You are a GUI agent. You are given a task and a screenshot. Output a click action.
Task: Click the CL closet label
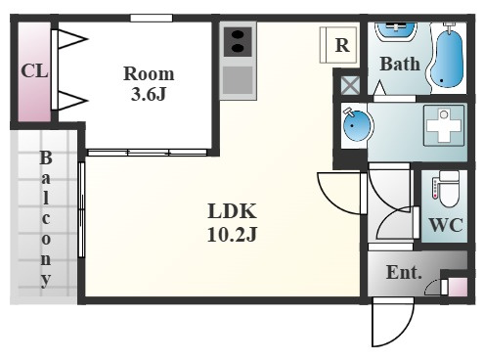[34, 70]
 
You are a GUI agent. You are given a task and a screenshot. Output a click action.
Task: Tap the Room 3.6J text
[149, 83]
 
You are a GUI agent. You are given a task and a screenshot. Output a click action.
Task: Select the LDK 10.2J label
[232, 223]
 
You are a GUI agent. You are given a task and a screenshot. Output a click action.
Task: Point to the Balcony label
[46, 219]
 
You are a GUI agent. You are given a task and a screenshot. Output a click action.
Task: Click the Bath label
[400, 64]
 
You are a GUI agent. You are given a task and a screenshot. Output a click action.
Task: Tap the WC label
[446, 225]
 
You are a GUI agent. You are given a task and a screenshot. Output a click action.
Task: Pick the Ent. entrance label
[404, 273]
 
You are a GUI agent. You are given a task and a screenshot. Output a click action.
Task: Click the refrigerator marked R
[339, 45]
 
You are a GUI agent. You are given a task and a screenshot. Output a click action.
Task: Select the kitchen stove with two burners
[238, 41]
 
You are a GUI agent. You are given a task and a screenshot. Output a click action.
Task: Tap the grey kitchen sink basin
[238, 80]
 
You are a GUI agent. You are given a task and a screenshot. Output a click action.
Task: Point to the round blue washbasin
[357, 125]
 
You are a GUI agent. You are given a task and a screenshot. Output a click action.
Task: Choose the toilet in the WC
[447, 189]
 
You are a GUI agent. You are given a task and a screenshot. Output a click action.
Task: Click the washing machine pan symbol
[444, 125]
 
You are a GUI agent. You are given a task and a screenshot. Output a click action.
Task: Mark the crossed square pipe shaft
[350, 85]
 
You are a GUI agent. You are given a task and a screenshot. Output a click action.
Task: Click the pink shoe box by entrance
[457, 287]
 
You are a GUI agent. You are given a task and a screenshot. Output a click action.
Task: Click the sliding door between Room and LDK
[148, 153]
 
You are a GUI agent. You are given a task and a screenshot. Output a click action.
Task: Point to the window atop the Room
[152, 18]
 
